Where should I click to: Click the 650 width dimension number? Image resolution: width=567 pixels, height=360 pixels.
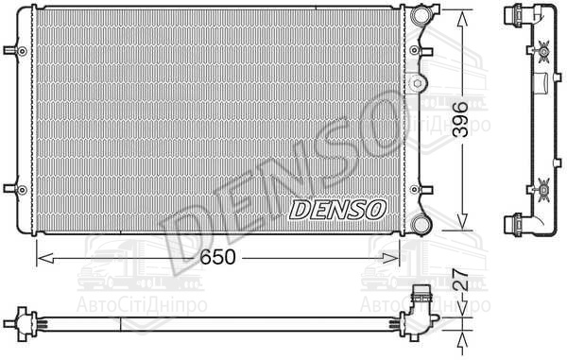coord(217,257)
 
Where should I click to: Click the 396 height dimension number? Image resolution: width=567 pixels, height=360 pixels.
coord(461,120)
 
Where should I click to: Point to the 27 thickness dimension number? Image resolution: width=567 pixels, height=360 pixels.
coord(461,280)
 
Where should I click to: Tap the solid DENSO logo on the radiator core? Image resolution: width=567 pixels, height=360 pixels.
coord(337,210)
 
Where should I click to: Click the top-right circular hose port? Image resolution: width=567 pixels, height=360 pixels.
coord(421,14)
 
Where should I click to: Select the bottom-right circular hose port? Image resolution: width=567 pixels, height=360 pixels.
coord(421,224)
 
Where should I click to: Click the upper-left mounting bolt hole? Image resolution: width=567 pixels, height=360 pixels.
coord(22,51)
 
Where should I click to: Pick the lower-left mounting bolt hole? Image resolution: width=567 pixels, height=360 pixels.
coord(22,189)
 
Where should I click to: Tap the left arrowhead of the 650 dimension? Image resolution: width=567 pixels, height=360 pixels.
coord(45,258)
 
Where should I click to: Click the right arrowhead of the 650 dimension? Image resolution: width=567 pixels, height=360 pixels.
coord(391,258)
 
